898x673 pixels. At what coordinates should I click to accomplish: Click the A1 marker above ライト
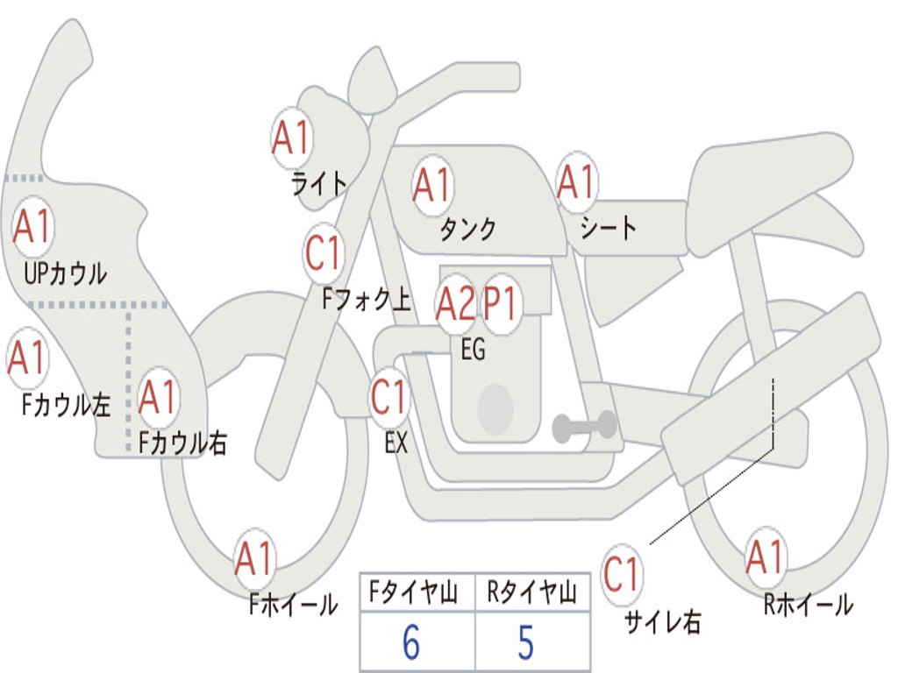(292, 138)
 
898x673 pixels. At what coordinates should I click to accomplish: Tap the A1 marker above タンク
(431, 185)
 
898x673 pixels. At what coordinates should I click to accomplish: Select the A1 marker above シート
(577, 183)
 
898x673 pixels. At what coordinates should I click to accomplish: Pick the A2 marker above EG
(456, 304)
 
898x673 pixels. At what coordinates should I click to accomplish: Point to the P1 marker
(502, 304)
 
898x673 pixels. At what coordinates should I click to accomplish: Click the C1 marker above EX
(389, 398)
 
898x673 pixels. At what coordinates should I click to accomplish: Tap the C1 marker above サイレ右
(622, 575)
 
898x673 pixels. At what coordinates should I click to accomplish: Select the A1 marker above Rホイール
(766, 557)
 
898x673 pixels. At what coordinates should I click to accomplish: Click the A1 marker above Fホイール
(255, 559)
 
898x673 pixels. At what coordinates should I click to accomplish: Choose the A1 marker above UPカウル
(32, 227)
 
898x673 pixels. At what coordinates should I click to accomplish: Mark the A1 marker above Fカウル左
(26, 358)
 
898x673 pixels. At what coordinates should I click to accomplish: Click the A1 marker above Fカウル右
(159, 398)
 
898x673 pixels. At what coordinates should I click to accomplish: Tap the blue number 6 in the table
(411, 643)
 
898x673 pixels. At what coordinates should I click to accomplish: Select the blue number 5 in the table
(525, 643)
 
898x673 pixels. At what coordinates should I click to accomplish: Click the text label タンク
(468, 230)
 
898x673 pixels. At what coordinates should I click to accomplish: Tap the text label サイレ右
(662, 622)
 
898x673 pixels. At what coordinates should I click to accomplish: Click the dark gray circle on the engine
(495, 407)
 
